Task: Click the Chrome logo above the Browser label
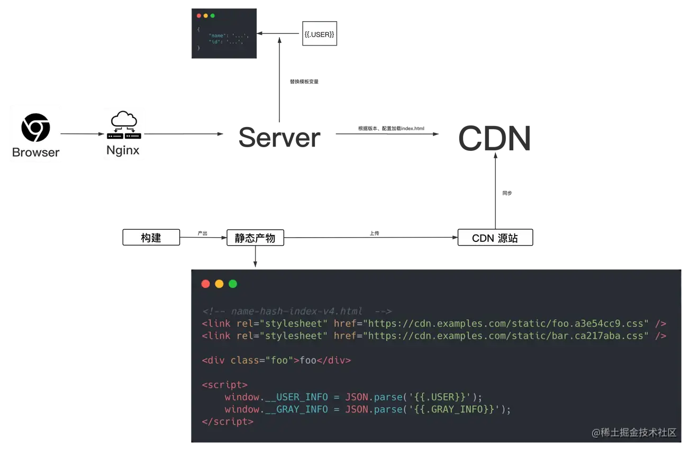(x=35, y=128)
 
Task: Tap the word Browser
(x=35, y=152)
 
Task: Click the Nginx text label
(x=123, y=150)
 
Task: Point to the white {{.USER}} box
(x=319, y=34)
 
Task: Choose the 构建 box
(x=151, y=238)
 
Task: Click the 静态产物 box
(x=255, y=238)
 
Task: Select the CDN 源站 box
(x=495, y=238)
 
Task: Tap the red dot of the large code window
(x=206, y=284)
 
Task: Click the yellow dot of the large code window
(x=219, y=284)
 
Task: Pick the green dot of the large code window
(x=233, y=284)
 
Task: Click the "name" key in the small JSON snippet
(x=216, y=35)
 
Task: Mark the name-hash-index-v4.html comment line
(x=296, y=311)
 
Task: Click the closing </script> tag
(x=228, y=422)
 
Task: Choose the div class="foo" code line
(x=276, y=360)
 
